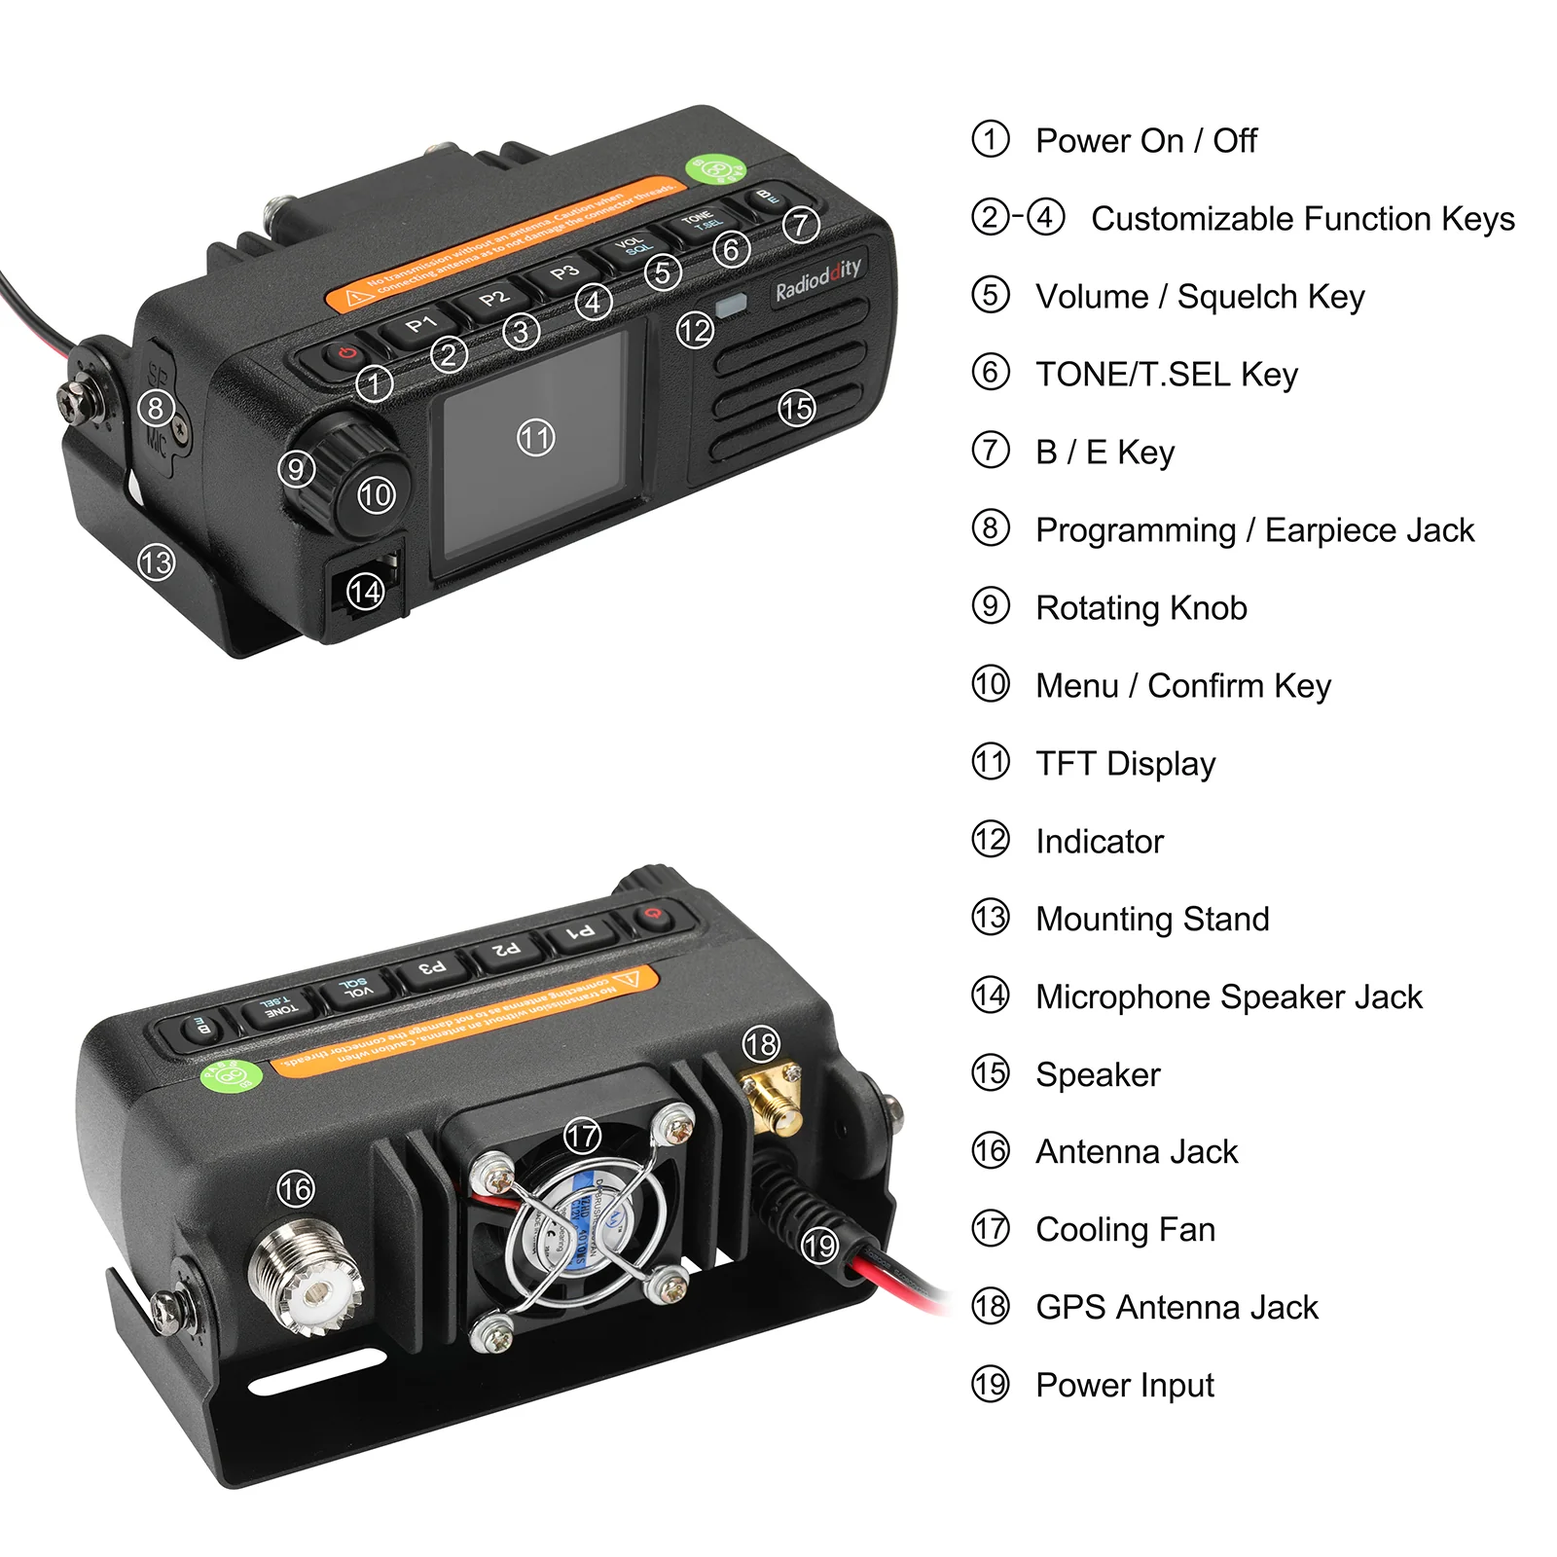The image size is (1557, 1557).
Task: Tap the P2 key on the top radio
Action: pyautogui.click(x=494, y=298)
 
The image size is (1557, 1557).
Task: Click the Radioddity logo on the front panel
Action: pyautogui.click(x=817, y=279)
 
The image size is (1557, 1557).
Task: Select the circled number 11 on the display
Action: pyautogui.click(x=535, y=438)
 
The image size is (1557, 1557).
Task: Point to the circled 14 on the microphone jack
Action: pyautogui.click(x=366, y=591)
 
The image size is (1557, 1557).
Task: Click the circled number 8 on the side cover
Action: pyautogui.click(x=156, y=408)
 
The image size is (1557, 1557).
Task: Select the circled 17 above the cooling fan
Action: pyautogui.click(x=582, y=1135)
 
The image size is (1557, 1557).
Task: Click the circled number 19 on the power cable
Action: pyautogui.click(x=820, y=1245)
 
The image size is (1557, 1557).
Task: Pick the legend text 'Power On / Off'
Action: pyautogui.click(x=1145, y=141)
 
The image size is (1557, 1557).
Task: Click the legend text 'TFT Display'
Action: pyautogui.click(x=1125, y=764)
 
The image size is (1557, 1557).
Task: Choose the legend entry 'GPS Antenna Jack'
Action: pyautogui.click(x=1177, y=1307)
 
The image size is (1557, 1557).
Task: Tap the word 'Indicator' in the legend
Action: pyautogui.click(x=1099, y=842)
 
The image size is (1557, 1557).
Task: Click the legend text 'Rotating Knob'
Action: pyautogui.click(x=1141, y=608)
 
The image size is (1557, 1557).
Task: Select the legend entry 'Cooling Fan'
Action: pyautogui.click(x=1125, y=1229)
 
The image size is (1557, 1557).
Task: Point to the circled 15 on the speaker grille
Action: pyautogui.click(x=796, y=408)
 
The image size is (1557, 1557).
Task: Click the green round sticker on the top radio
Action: pyautogui.click(x=715, y=169)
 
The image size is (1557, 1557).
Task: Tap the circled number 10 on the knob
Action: pyautogui.click(x=376, y=495)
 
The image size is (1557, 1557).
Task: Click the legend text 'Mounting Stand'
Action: pyautogui.click(x=1152, y=919)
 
